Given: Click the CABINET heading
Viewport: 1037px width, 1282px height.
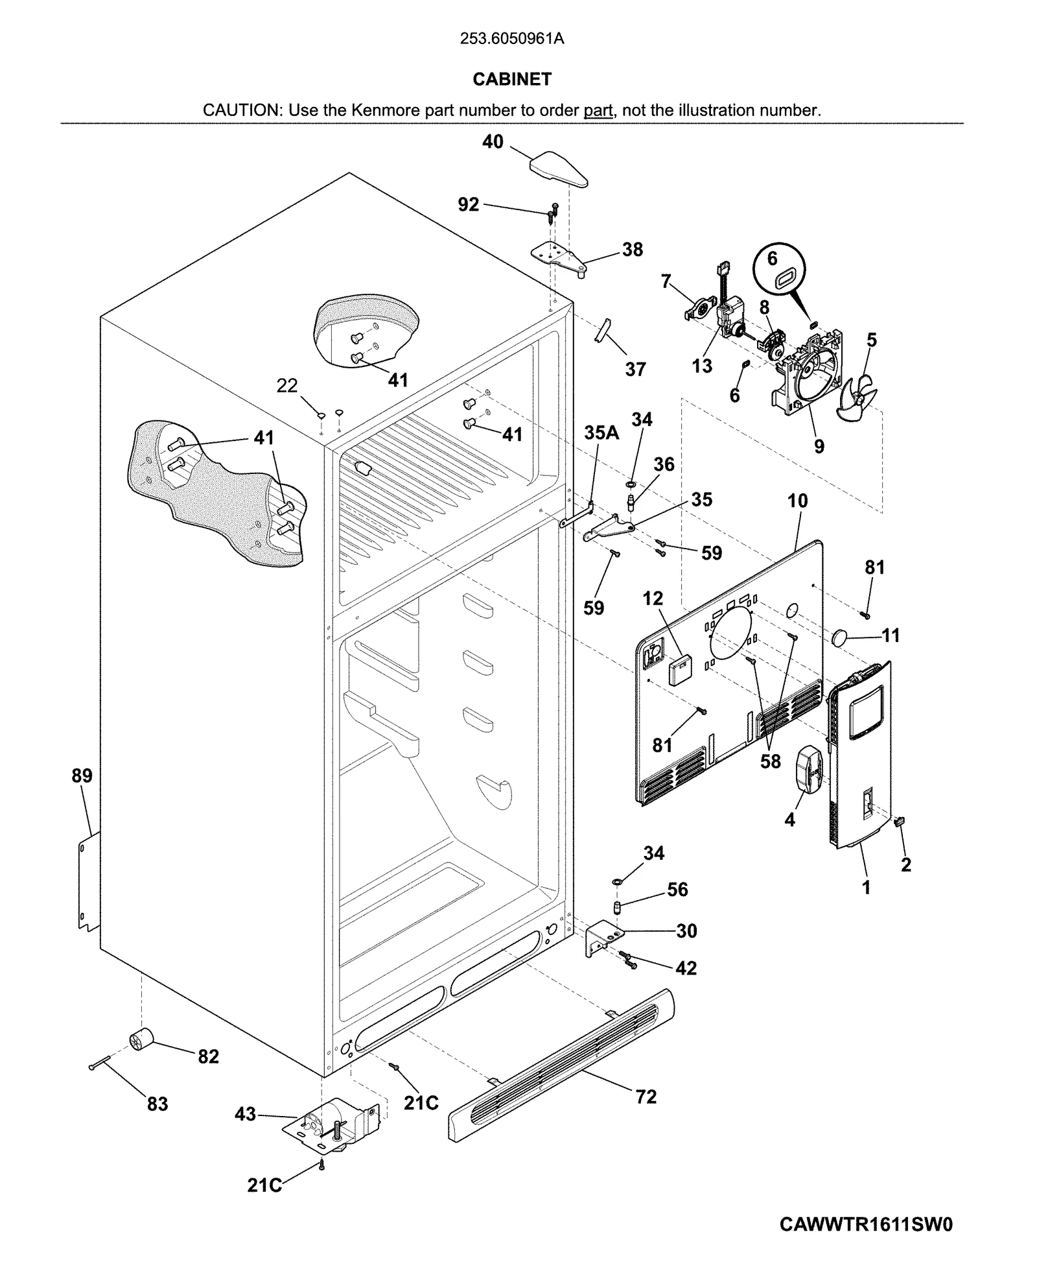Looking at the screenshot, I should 511,79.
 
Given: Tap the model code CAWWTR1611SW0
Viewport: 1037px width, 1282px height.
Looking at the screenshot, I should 866,1224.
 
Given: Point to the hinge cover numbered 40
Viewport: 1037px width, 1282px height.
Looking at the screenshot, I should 558,167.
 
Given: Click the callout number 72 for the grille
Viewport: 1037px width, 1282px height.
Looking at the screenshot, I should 646,1097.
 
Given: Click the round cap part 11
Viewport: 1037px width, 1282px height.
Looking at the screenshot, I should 841,638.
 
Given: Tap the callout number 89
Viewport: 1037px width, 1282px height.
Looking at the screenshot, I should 82,776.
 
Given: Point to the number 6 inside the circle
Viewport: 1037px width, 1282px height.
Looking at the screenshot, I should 772,259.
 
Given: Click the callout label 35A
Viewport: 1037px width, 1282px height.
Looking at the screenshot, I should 601,433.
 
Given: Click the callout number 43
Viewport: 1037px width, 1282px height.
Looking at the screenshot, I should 245,1115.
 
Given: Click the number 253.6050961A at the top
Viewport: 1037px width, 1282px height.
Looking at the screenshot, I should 511,39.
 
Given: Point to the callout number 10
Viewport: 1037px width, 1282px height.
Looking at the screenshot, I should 797,501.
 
